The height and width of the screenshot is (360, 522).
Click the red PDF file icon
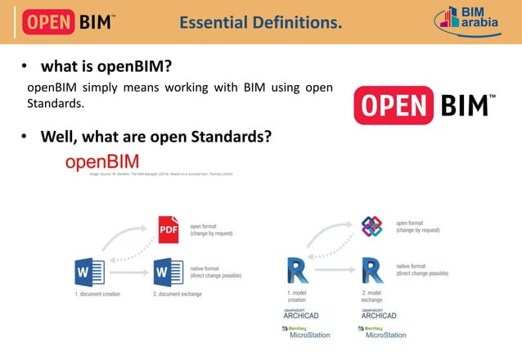pyautogui.click(x=169, y=229)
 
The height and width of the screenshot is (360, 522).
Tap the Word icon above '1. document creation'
pyautogui.click(x=89, y=270)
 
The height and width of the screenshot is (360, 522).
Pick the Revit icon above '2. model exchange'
pyautogui.click(x=372, y=270)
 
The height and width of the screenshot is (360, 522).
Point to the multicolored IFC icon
pyautogui.click(x=372, y=227)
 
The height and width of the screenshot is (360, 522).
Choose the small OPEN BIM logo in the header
pyautogui.click(x=78, y=21)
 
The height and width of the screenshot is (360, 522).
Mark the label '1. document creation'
pyautogui.click(x=97, y=293)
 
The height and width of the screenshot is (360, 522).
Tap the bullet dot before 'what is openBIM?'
pyautogui.click(x=25, y=65)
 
